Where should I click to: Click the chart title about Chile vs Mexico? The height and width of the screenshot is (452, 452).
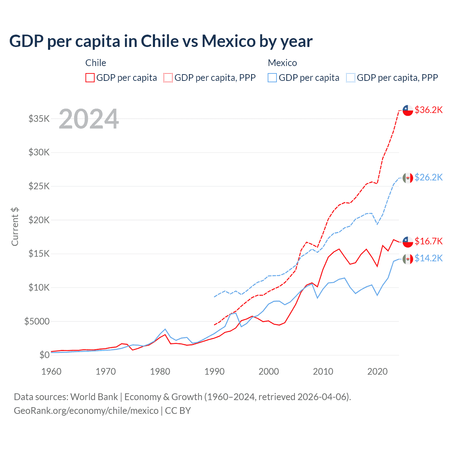161,41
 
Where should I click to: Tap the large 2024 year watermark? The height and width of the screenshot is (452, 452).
89,119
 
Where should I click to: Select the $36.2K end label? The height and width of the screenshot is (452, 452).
428,110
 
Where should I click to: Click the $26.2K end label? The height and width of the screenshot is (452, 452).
428,177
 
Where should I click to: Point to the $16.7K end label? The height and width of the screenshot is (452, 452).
428,241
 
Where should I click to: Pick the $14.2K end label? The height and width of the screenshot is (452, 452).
428,258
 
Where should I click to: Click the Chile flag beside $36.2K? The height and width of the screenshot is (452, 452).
408,110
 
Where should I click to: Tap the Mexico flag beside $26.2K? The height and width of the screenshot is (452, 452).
408,178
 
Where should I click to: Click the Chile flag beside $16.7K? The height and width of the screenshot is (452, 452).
408,242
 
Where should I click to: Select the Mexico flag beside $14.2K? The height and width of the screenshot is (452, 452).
408,259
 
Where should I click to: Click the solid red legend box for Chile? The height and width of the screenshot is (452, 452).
90,78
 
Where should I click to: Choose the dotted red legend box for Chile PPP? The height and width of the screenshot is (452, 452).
168,78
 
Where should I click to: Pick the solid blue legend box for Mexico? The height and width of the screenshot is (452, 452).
272,78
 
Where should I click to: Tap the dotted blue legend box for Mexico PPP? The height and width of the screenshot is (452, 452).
351,78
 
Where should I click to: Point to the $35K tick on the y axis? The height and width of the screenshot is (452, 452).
39,119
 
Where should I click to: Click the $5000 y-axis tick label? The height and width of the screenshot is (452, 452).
37,321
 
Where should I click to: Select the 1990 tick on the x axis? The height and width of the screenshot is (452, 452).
214,371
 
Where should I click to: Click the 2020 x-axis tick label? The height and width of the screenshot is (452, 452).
377,371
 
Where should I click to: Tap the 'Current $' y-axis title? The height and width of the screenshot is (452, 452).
15,227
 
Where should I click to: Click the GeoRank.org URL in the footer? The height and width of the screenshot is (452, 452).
86,411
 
